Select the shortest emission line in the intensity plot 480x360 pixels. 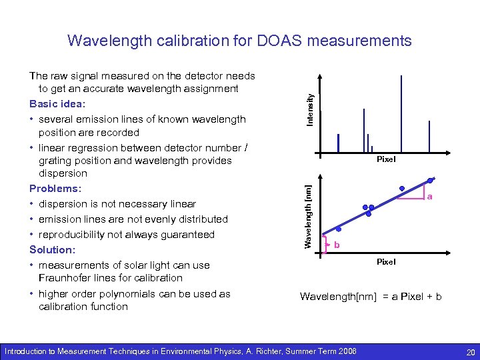(x=372, y=149)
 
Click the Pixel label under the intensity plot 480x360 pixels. (x=386, y=159)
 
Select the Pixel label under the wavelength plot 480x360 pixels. (x=386, y=262)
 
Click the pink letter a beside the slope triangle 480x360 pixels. (x=430, y=197)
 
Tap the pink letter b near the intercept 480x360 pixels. (x=337, y=245)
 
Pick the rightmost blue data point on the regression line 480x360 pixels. (x=432, y=179)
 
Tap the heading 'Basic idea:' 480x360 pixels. (x=57, y=104)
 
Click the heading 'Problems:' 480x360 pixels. (x=55, y=189)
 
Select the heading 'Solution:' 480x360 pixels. (x=52, y=249)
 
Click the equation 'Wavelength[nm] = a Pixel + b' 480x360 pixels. (x=371, y=296)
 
